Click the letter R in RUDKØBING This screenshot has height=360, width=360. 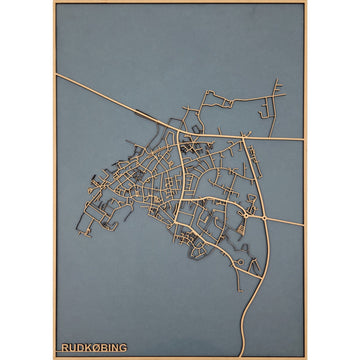[65, 348]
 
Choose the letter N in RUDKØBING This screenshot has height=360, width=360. [116, 348]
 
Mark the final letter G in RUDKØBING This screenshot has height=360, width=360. [124, 348]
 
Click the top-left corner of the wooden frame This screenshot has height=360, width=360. [54, 2]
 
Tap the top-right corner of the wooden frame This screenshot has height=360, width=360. [306, 2]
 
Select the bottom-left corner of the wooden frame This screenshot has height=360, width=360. [54, 357]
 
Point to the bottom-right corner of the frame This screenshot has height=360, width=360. [306, 357]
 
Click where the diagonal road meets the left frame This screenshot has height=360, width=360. [56, 74]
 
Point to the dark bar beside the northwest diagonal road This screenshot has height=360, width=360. [132, 113]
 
